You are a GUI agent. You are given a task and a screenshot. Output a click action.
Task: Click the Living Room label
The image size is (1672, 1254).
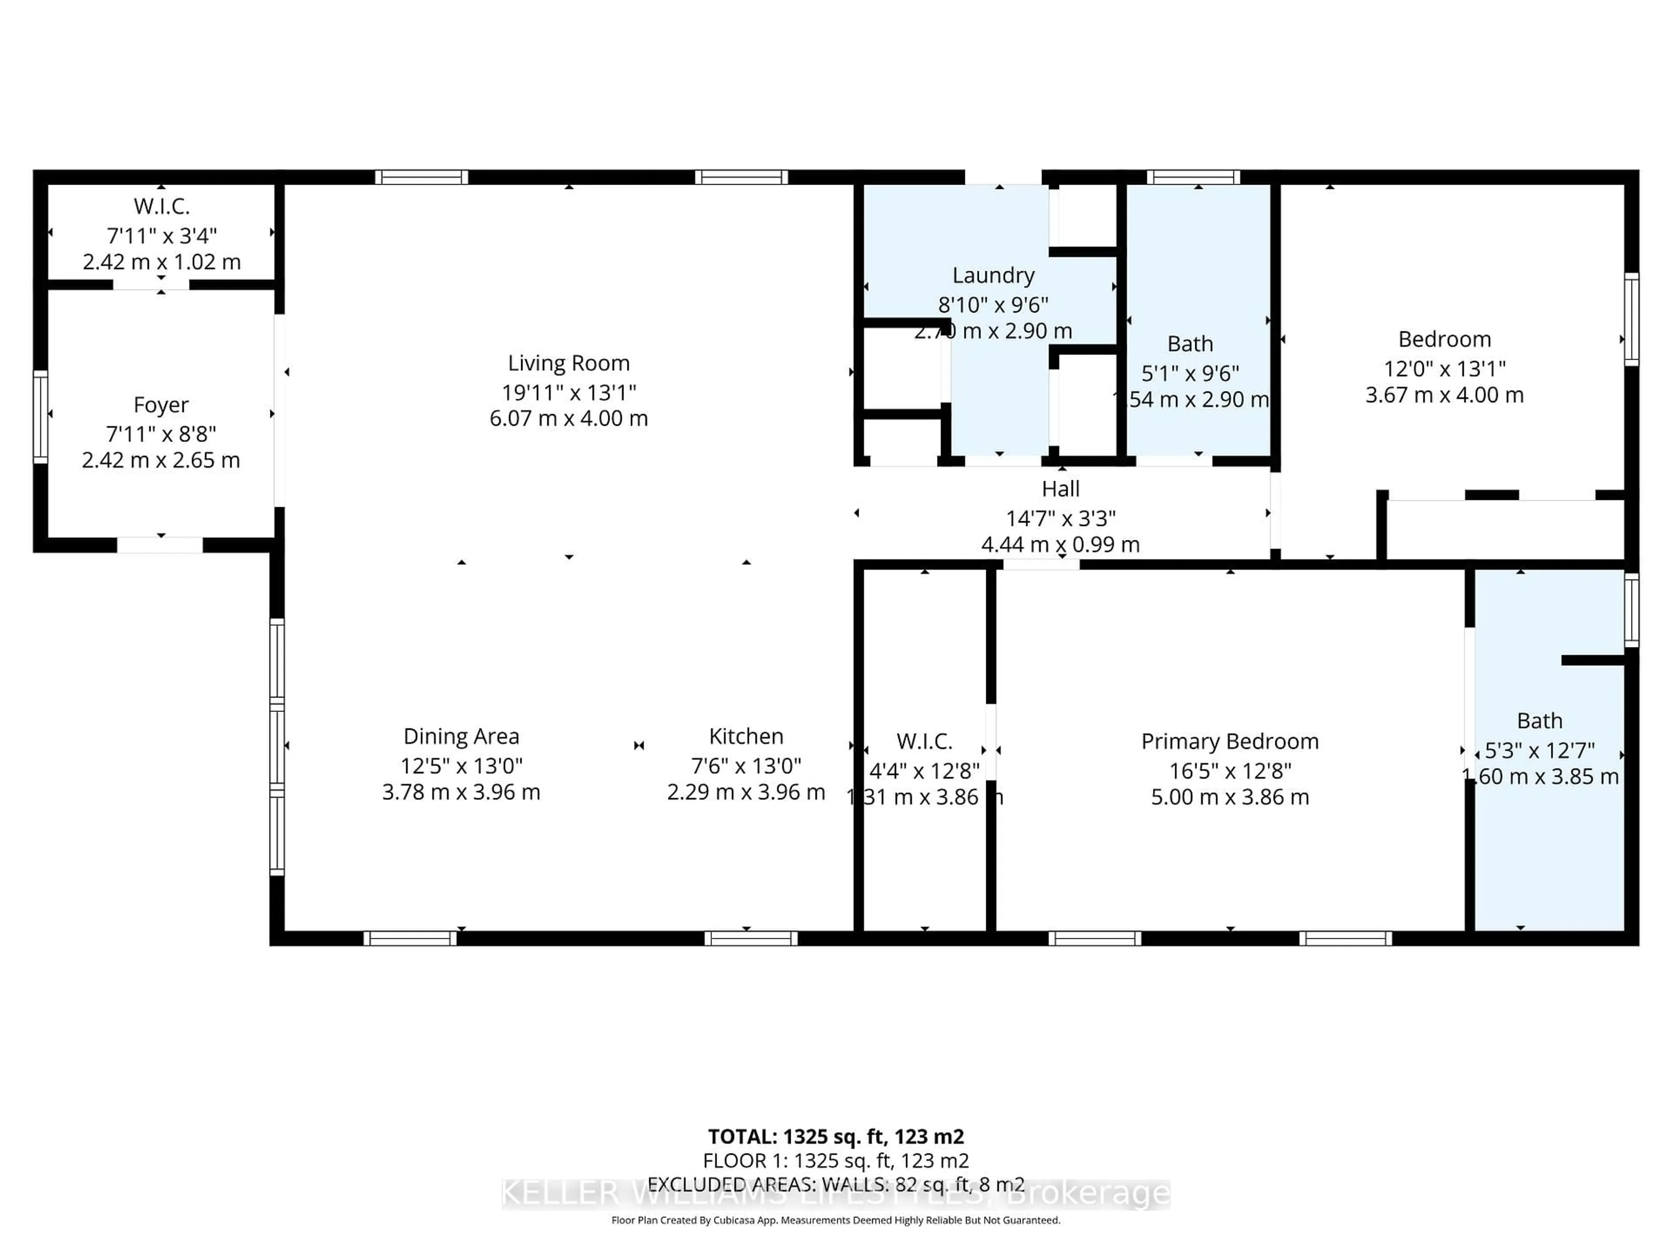(568, 364)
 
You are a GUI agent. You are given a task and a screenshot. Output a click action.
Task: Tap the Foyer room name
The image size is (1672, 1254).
(161, 405)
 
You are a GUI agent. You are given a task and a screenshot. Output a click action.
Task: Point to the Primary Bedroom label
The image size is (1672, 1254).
(1230, 742)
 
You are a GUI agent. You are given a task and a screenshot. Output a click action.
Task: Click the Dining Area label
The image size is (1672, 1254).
(461, 736)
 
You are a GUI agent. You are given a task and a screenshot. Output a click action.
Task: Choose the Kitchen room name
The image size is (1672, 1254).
(746, 736)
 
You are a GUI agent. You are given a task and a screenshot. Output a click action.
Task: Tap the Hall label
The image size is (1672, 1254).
(1061, 489)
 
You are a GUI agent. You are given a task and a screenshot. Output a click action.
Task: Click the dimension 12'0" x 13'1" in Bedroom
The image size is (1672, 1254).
(1444, 369)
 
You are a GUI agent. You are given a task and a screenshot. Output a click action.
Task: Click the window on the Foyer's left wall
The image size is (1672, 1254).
(40, 417)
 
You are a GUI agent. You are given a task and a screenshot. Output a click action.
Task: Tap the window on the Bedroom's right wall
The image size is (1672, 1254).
(1631, 319)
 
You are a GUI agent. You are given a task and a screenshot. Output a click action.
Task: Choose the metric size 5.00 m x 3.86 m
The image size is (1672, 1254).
(1230, 797)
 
